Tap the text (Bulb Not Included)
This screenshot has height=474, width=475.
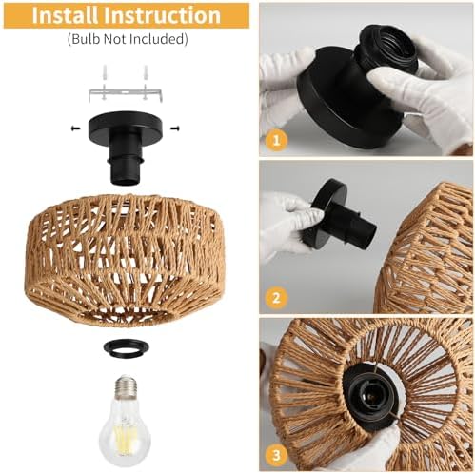pos(127,40)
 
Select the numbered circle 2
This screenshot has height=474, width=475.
pos(277,296)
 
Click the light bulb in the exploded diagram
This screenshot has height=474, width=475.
pos(128,419)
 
